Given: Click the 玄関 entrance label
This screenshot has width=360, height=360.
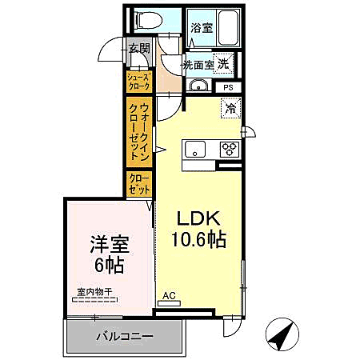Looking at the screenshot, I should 139,49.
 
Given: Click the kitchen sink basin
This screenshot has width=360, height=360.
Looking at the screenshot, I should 197,149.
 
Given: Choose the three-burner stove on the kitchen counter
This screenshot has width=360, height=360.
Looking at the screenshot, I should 230,149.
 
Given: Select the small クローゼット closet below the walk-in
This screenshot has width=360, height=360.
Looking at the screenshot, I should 137,185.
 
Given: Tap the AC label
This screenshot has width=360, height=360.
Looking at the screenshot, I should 169,295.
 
